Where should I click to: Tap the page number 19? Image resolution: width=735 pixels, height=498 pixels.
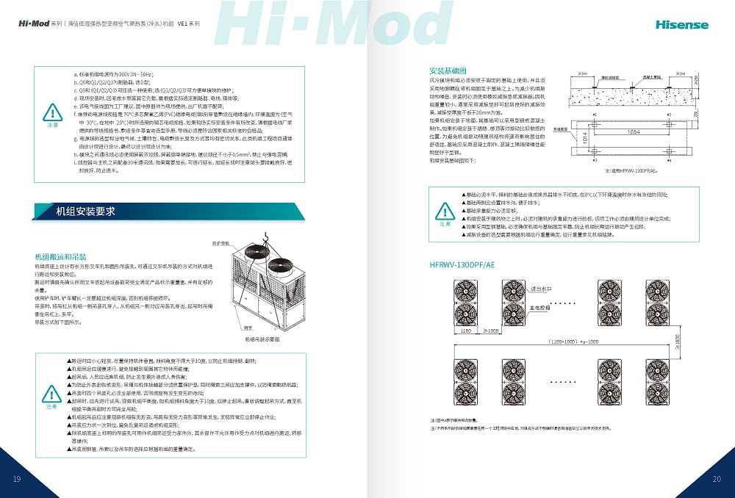point(17,480)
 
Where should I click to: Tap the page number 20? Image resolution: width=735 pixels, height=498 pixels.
point(717,480)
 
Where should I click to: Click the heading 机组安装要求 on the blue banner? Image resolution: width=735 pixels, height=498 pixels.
point(86,212)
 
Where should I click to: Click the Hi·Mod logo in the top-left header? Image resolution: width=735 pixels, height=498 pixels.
point(34,24)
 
